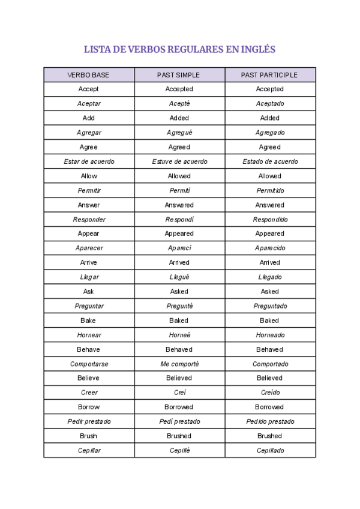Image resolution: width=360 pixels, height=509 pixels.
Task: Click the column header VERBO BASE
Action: click(89, 75)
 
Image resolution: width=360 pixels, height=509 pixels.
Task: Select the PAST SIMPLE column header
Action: click(179, 75)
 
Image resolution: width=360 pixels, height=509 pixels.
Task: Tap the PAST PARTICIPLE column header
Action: click(269, 75)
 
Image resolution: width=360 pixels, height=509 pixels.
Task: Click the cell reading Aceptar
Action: click(89, 104)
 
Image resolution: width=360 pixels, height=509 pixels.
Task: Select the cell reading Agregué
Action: click(179, 133)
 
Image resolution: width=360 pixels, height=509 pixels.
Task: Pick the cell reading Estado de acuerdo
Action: click(269, 161)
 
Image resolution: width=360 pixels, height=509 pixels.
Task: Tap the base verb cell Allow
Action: click(89, 176)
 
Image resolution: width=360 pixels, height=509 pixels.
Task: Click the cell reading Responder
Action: click(89, 220)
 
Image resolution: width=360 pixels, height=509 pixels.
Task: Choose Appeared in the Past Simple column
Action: click(179, 234)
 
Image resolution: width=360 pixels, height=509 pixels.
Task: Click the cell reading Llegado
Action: click(269, 277)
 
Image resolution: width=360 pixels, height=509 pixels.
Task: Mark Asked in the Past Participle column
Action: click(269, 292)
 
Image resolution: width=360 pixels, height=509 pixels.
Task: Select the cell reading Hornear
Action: click(89, 335)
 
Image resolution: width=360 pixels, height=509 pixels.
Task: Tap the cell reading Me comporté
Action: click(179, 364)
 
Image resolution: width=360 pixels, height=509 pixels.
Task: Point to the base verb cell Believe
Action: click(89, 378)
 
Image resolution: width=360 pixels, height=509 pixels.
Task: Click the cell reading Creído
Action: click(269, 393)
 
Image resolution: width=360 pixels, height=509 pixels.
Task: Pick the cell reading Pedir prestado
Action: click(89, 421)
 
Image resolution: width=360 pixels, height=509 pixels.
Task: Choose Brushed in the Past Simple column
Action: click(179, 436)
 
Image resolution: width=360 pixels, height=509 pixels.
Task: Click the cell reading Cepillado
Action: click(269, 450)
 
